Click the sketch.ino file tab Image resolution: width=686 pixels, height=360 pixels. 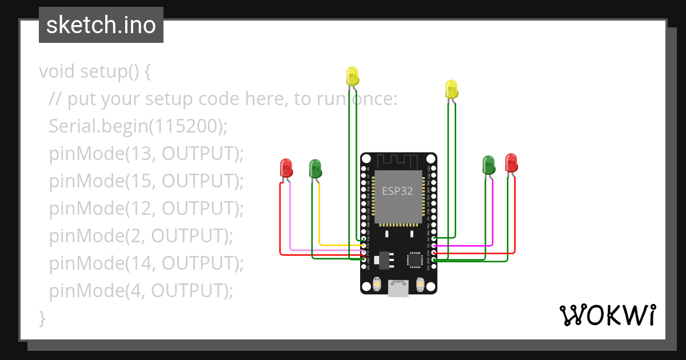coord(101,25)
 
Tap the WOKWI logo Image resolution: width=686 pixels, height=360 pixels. coord(607,315)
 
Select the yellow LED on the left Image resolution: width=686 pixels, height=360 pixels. coord(352,77)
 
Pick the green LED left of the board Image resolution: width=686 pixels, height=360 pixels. coord(315,169)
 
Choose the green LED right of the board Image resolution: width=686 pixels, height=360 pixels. coord(488,165)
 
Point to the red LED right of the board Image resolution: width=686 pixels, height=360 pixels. coord(511,163)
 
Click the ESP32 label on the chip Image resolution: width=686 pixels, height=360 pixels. coord(397,191)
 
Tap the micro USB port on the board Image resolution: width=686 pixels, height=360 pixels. coord(398,289)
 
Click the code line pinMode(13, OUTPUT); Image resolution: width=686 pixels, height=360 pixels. coord(146,154)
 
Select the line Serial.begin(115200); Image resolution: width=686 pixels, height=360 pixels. coord(138,126)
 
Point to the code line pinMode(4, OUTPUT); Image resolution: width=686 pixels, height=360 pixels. coord(141,291)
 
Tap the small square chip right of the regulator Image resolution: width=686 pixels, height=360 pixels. coord(415,260)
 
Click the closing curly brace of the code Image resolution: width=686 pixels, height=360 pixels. coord(42,318)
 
